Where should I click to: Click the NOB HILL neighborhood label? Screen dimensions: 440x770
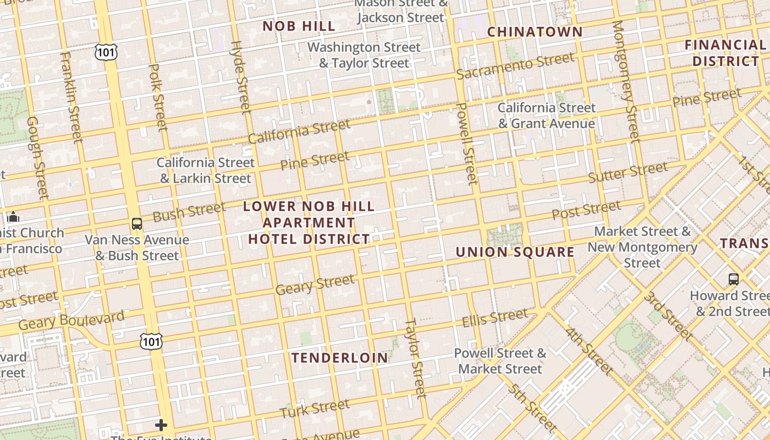(x=299, y=26)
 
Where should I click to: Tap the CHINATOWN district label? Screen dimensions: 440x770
(x=535, y=32)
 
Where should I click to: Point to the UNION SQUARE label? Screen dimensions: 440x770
(x=515, y=252)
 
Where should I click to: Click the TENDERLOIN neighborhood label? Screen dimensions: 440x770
(x=340, y=358)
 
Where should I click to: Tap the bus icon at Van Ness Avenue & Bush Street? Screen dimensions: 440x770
(x=137, y=224)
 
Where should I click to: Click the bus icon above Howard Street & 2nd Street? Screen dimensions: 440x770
(x=733, y=279)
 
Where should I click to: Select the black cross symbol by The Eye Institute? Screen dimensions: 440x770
(x=161, y=425)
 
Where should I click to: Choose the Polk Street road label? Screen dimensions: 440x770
(x=157, y=98)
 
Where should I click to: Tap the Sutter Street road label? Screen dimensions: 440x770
(x=628, y=172)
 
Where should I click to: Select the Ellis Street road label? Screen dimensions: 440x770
(x=494, y=318)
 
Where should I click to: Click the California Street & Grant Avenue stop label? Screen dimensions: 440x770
(x=546, y=116)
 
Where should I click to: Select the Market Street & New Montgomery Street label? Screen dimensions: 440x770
(x=642, y=247)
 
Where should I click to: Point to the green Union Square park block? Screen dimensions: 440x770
(x=505, y=235)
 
